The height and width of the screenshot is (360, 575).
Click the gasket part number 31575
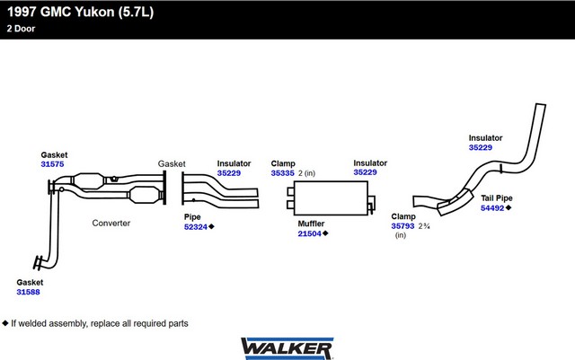pos(52,164)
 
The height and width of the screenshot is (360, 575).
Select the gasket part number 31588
pos(28,292)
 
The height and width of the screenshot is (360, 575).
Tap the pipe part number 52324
pos(196,227)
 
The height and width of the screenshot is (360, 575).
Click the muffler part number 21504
pos(309,233)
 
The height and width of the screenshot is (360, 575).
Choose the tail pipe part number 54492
pos(492,208)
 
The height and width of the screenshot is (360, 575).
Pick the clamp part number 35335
pos(283,173)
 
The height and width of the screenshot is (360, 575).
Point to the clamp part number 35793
pos(402,226)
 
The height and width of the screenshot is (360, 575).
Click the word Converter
pos(111,223)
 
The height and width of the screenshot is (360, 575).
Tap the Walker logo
pos(287,348)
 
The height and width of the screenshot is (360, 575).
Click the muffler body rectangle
pos(331,198)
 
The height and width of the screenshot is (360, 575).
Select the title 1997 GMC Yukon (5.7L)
pos(80,12)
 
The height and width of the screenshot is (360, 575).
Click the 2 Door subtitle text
pos(21,29)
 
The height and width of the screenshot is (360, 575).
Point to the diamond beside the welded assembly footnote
pos(5,323)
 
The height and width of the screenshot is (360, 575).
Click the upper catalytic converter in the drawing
pos(88,181)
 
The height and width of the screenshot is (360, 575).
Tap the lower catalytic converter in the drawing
pos(144,195)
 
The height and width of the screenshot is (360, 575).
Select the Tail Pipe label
pos(497,198)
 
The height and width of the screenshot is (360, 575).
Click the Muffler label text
pos(311,224)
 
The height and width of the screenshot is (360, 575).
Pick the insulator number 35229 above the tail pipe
pos(481,147)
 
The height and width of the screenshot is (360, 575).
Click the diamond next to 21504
pos(325,233)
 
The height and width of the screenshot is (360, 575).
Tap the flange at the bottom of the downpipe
pos(38,262)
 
